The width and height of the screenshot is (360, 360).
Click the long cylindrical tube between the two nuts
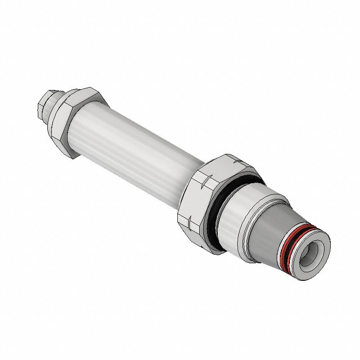[x=135, y=144]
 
